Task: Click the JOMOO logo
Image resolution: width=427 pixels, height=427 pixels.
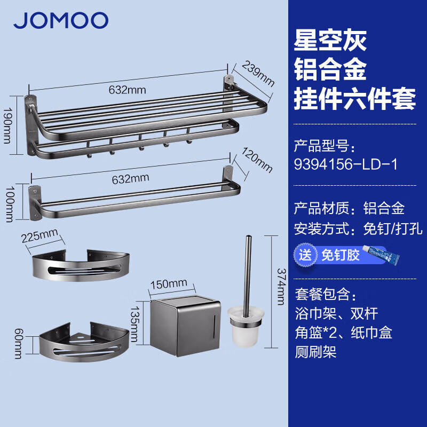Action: click(61, 21)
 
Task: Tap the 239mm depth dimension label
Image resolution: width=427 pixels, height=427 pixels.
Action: click(258, 74)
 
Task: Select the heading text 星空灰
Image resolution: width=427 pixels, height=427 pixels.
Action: click(331, 41)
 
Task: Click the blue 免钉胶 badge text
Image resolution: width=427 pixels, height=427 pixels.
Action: click(339, 255)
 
